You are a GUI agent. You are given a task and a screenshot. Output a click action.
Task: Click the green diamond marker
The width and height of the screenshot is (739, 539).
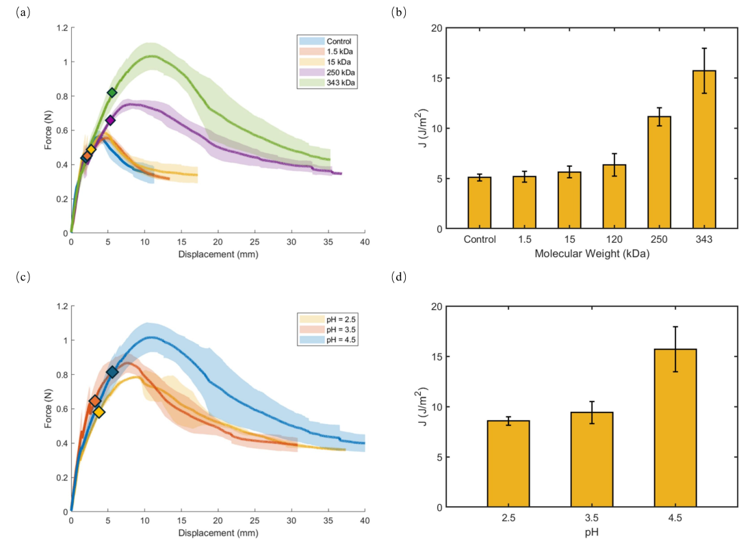[112, 92]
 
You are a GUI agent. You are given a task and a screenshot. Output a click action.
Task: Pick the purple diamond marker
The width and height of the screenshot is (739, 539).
[110, 120]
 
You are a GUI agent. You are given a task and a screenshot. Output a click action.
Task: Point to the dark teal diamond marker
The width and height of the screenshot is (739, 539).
[112, 372]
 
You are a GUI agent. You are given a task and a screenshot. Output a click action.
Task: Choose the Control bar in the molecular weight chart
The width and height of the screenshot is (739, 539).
[479, 202]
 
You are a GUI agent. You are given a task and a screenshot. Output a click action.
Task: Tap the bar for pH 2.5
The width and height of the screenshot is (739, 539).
[508, 464]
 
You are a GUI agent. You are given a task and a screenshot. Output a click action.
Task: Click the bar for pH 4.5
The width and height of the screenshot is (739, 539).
[675, 428]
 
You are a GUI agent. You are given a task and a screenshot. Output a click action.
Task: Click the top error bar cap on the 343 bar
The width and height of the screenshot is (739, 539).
[704, 49]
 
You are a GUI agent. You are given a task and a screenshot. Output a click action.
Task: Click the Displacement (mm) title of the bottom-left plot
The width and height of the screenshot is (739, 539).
[218, 532]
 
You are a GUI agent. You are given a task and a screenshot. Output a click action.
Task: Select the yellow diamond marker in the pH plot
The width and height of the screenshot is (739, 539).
[99, 412]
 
